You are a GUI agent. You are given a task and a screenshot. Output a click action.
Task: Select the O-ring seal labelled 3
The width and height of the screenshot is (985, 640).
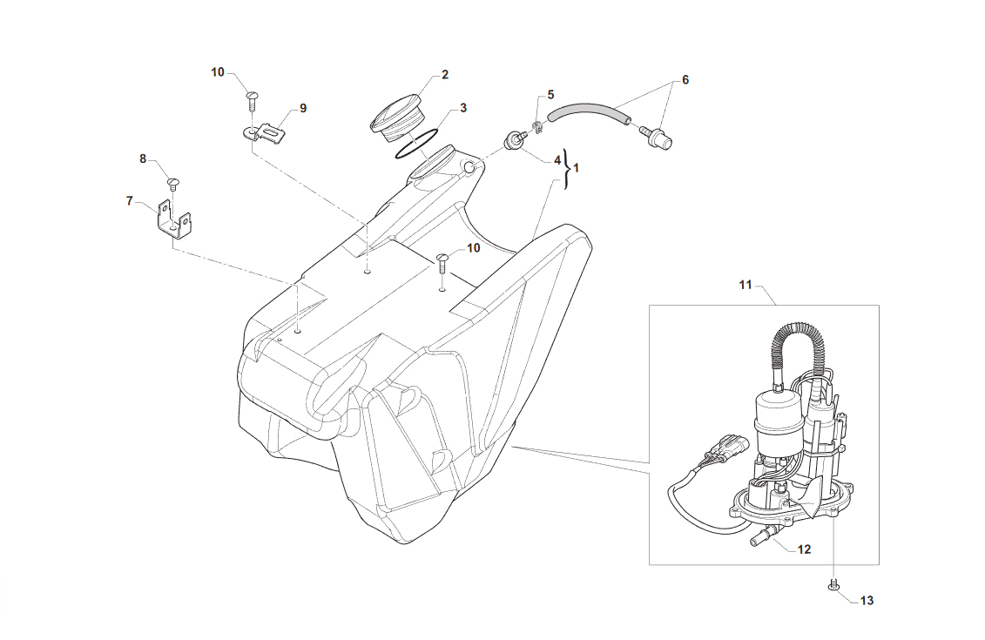click(x=416, y=145)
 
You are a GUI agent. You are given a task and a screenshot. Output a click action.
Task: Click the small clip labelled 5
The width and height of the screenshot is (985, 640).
click(x=537, y=127)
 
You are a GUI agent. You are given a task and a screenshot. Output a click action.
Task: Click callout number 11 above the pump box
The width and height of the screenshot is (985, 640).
click(x=745, y=285)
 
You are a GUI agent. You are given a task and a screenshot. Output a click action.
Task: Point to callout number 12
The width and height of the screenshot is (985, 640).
click(x=804, y=549)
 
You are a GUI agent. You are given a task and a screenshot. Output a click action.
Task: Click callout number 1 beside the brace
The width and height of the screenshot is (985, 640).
click(x=576, y=168)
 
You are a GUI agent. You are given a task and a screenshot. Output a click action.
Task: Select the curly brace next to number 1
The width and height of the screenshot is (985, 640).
click(x=567, y=168)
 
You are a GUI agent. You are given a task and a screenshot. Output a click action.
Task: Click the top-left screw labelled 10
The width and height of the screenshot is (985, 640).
click(x=252, y=100)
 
